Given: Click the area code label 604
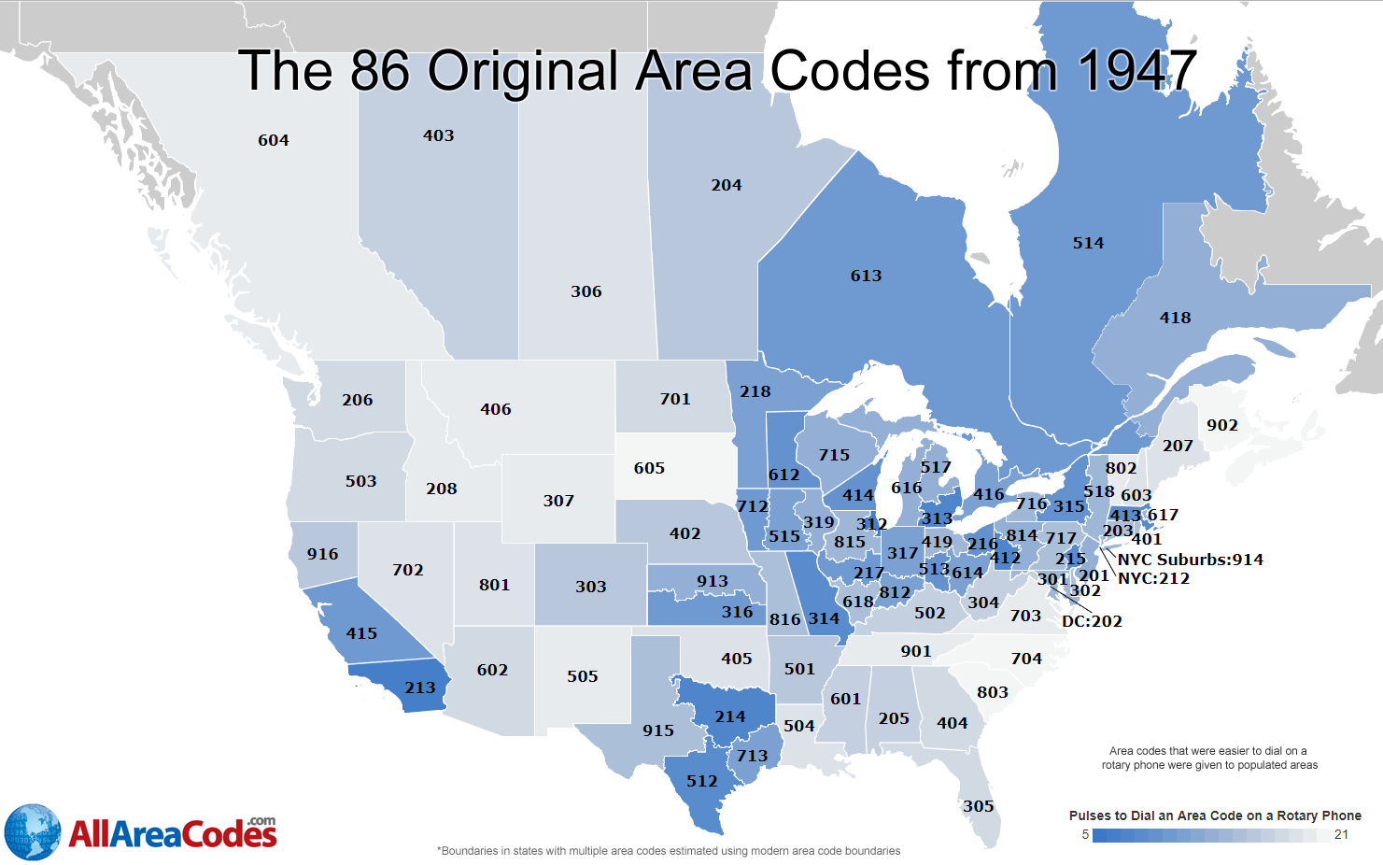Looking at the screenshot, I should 274,140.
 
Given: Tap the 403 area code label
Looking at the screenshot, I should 438,135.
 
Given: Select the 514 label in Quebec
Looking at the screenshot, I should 1088,243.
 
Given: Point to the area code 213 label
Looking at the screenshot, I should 420,688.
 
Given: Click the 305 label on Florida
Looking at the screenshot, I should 978,806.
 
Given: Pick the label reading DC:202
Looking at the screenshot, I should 1092,621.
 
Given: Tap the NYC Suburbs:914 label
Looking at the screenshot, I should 1190,560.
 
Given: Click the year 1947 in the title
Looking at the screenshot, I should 1136,71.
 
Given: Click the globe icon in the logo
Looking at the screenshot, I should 33,831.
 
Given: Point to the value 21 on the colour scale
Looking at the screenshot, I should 1341,835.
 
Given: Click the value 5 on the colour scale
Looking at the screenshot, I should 1085,835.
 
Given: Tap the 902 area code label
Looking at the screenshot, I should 1221,425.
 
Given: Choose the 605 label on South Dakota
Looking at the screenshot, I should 649,468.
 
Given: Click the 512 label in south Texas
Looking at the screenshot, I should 702,781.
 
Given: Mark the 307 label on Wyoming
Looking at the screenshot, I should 558,501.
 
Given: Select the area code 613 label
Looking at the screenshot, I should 866,276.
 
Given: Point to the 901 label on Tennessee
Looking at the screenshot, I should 915,651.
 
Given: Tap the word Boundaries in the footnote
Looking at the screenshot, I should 477,851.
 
